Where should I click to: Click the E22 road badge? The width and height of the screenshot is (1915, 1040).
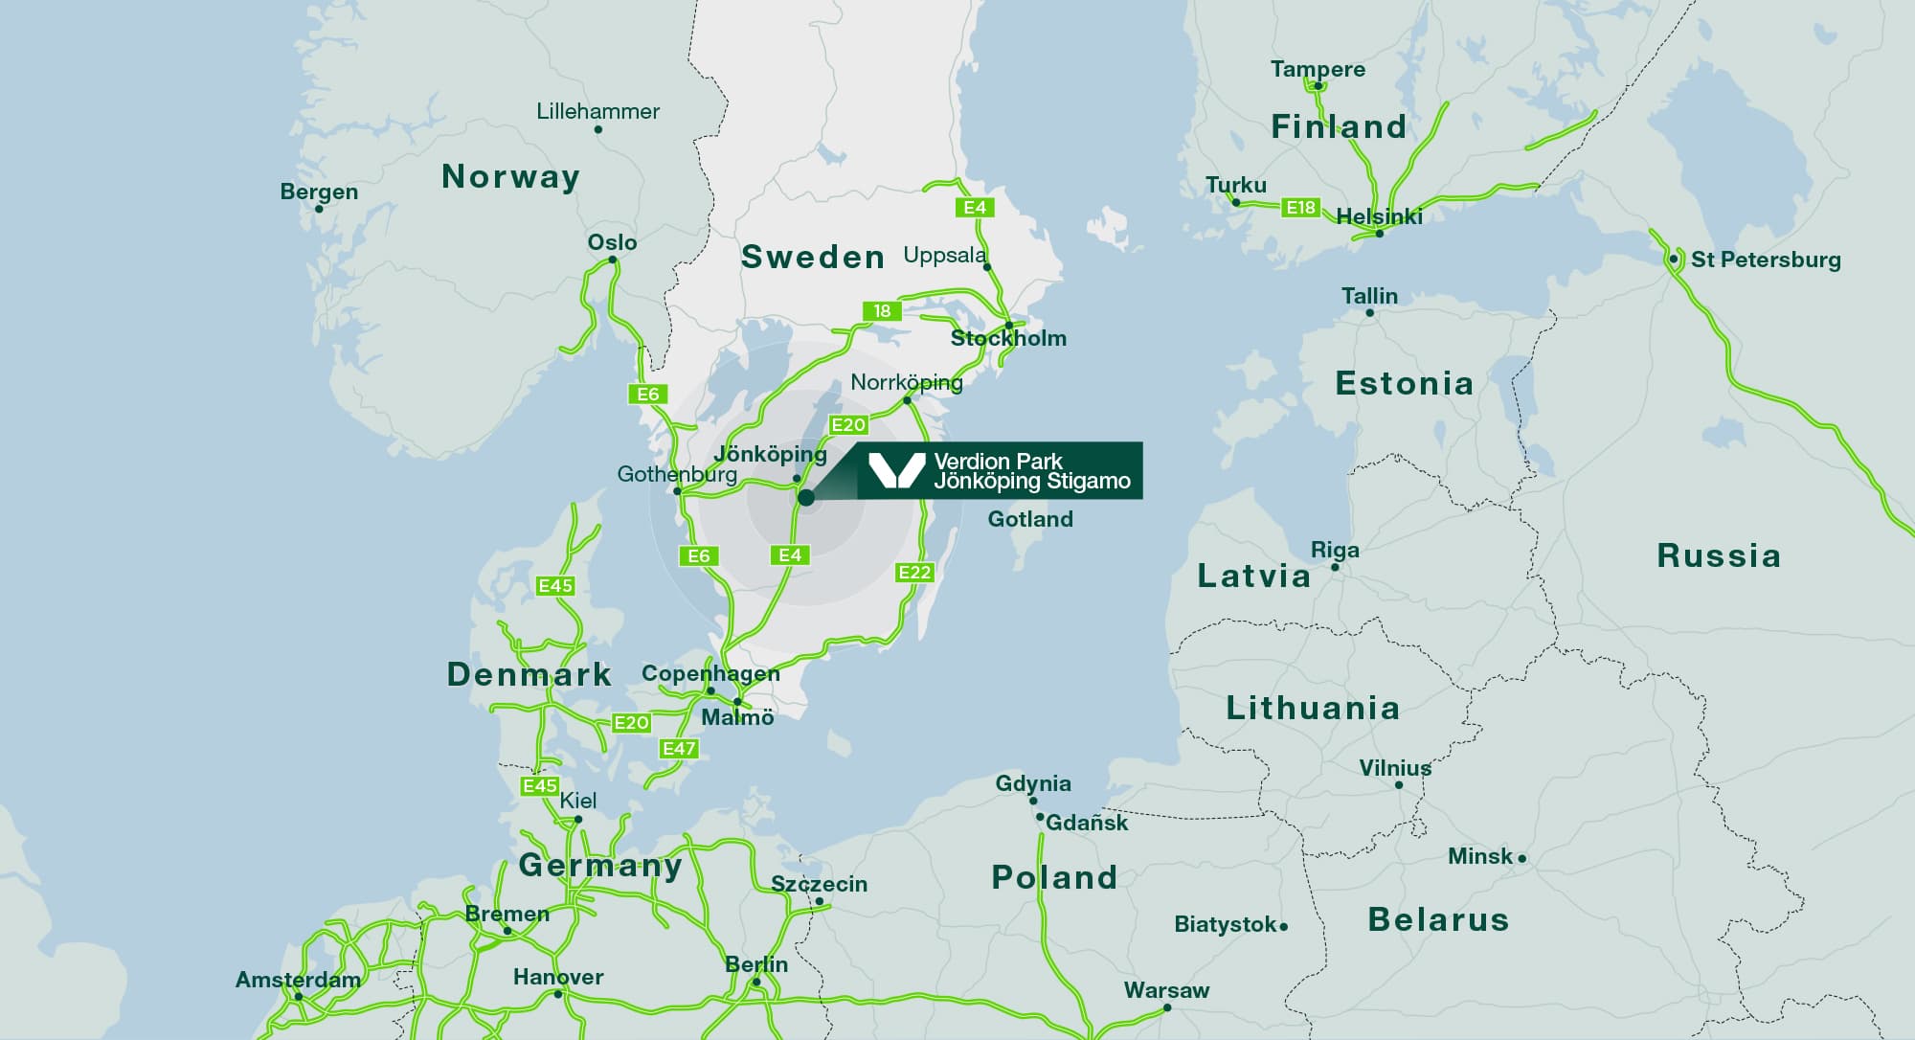[x=914, y=573]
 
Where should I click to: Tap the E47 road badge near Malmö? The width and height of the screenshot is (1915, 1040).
[x=679, y=749]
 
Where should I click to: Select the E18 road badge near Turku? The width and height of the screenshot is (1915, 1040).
[x=1300, y=207]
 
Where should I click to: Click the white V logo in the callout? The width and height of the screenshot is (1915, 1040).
[x=895, y=470]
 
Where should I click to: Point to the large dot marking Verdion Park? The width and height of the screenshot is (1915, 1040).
[x=806, y=497]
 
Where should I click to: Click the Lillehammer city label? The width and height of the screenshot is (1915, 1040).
[x=597, y=111]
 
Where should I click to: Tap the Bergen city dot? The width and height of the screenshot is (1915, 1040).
[x=319, y=209]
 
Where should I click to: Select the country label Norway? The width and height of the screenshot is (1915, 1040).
[x=510, y=176]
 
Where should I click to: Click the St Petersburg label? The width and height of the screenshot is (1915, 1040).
[x=1765, y=260]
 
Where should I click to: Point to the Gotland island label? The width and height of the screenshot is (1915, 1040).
[x=1030, y=519]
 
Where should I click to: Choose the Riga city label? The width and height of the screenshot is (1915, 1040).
[x=1335, y=550]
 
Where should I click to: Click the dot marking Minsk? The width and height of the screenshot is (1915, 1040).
[x=1522, y=858]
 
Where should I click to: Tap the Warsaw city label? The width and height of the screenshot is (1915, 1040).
[x=1166, y=989]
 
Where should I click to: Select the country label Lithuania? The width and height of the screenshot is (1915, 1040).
[x=1313, y=708]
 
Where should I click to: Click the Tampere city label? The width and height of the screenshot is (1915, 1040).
[x=1318, y=69]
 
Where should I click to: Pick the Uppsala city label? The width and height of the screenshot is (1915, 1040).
[x=944, y=255]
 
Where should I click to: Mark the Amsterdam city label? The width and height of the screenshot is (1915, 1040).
[x=298, y=980]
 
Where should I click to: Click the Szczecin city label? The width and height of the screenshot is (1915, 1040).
[x=819, y=884]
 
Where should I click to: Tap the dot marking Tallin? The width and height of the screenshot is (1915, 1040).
[x=1369, y=312]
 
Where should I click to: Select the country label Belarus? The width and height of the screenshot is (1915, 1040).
[x=1438, y=919]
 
